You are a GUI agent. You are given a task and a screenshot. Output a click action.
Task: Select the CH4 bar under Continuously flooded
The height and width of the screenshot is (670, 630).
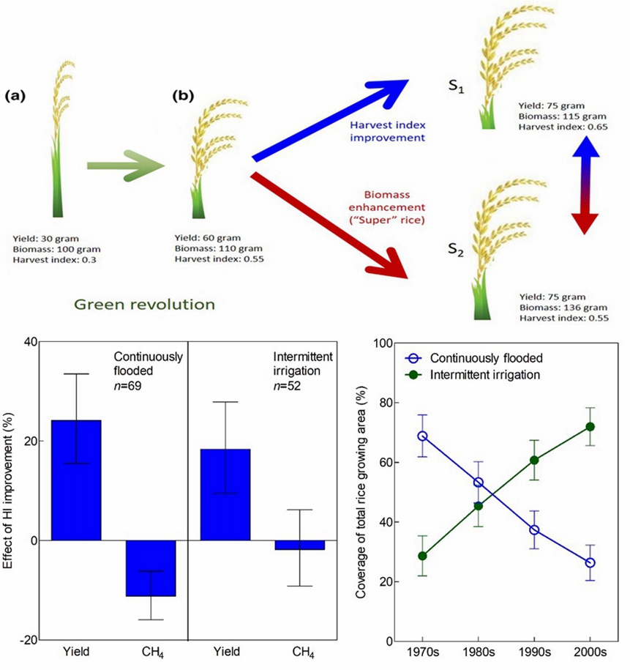tap(151, 567)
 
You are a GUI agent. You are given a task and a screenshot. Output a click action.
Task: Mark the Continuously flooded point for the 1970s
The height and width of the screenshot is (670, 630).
tap(421, 436)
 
